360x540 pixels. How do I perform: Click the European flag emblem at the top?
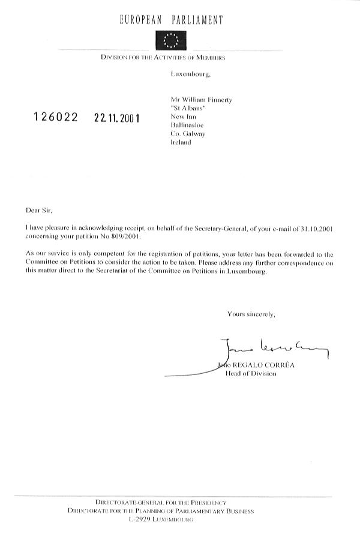coord(171,40)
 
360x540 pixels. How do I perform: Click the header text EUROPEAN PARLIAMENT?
coord(171,20)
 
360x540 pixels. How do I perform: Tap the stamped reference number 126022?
coord(55,118)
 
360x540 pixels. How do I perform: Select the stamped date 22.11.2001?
coord(116,118)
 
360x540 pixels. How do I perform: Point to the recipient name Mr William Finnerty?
coord(200,98)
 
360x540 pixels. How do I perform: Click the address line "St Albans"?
coord(188,107)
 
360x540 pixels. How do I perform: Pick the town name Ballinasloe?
coord(187,125)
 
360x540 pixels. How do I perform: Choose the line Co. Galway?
coord(188,134)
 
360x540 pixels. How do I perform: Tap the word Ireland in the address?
coord(181,143)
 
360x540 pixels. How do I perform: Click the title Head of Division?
coord(251,373)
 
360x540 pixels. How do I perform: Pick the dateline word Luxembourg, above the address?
coord(191,74)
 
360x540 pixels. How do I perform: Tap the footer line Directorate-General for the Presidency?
coord(161,503)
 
